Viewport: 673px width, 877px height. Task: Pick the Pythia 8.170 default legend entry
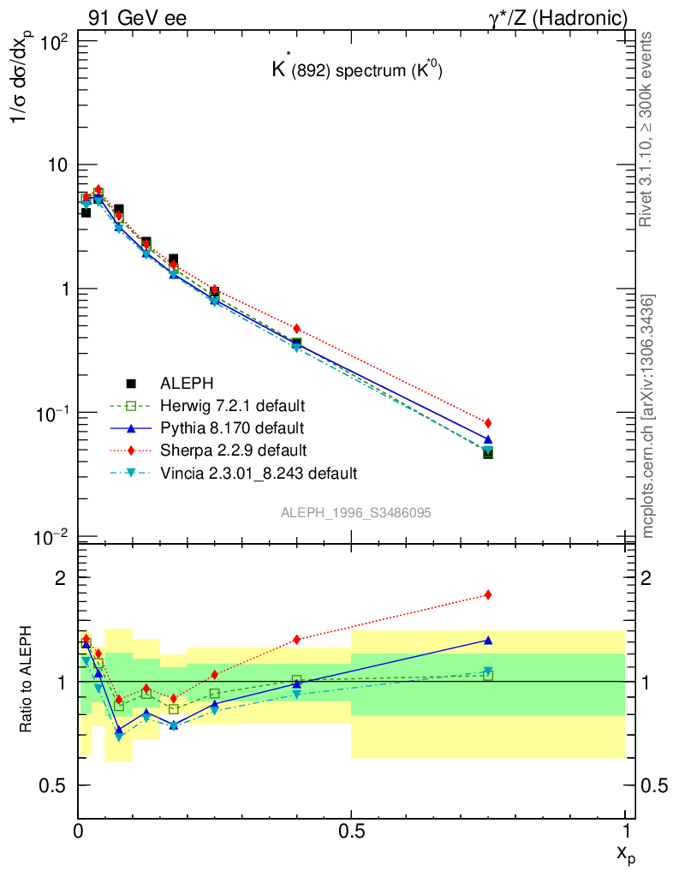pos(231,427)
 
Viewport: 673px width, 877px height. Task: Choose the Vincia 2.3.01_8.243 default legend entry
pos(258,472)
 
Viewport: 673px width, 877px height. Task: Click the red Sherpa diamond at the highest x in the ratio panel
pos(488,594)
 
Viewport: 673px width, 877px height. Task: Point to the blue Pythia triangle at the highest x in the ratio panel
pos(488,640)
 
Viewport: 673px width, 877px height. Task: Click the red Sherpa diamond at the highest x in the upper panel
pos(488,423)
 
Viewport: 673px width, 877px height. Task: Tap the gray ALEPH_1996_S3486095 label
pos(355,512)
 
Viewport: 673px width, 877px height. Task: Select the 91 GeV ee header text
pos(137,17)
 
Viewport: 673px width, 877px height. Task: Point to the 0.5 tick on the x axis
pos(351,832)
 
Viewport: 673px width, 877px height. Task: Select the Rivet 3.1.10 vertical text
pos(648,128)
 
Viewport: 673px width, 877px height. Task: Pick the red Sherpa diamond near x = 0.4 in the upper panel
pos(297,329)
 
